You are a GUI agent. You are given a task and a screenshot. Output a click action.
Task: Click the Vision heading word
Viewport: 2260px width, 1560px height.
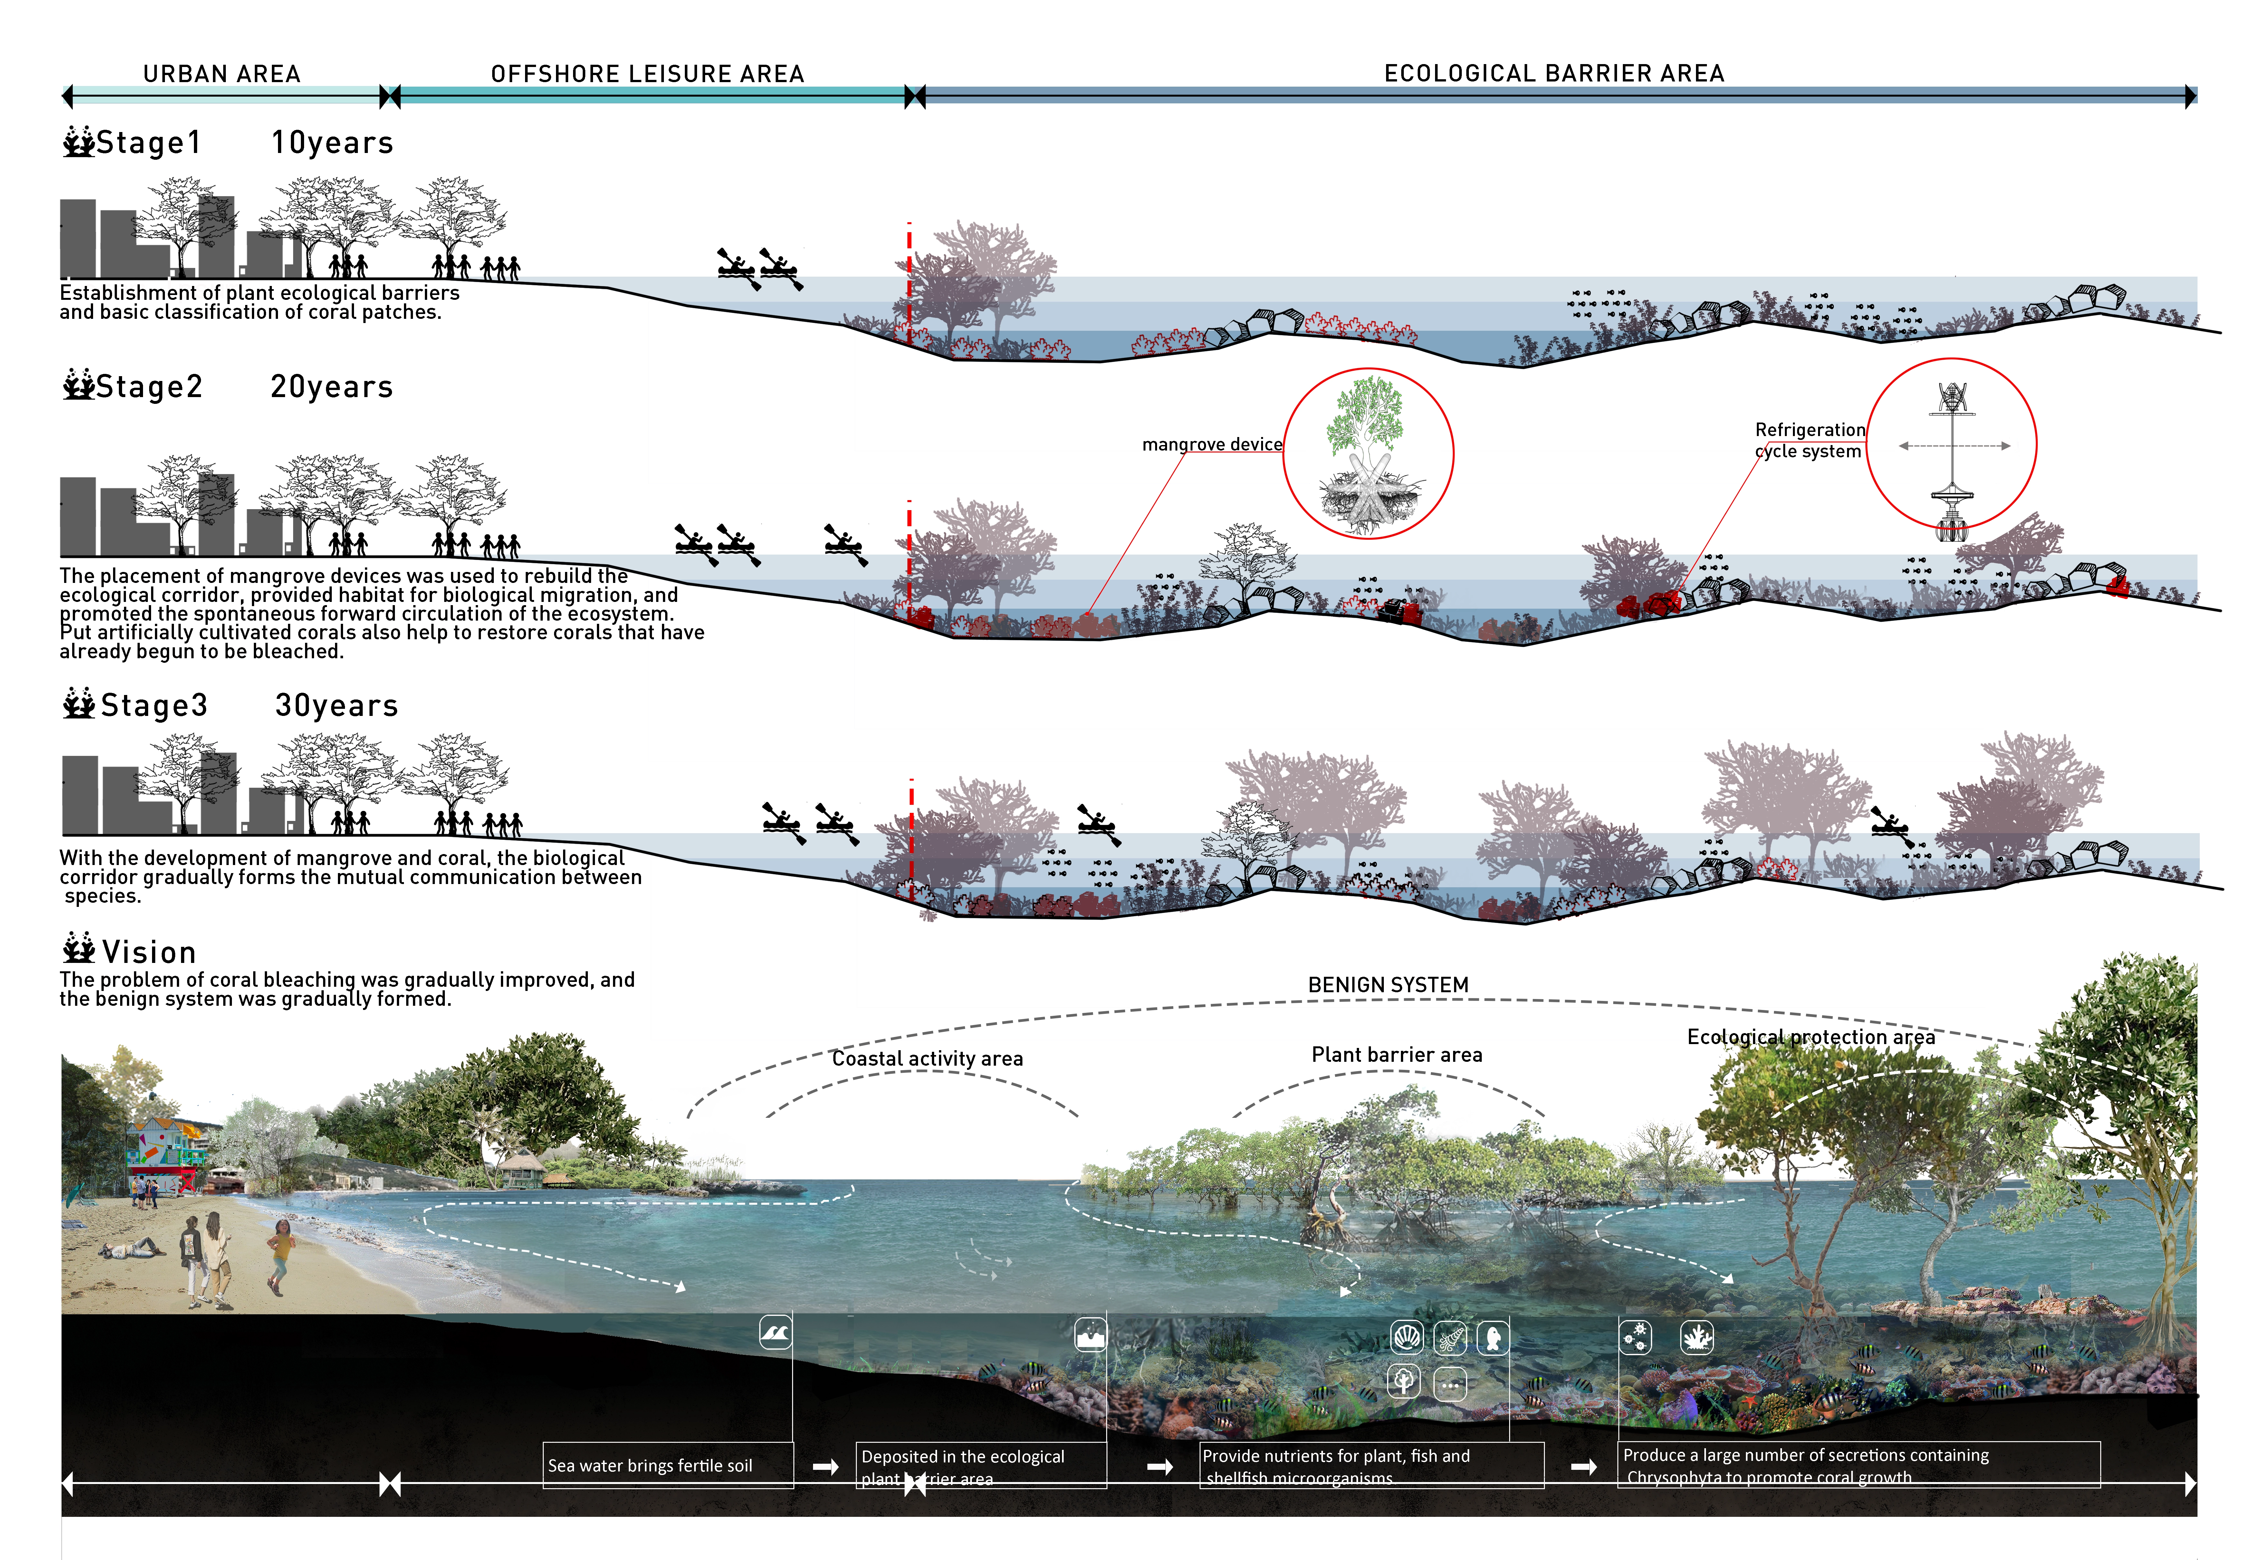coord(148,952)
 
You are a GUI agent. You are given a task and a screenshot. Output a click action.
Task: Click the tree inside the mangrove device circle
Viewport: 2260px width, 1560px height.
coord(1366,420)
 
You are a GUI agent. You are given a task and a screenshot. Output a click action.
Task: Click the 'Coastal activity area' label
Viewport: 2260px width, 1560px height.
coord(927,1059)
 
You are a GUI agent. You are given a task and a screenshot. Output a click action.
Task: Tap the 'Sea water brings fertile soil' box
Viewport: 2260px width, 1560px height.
coord(650,1465)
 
